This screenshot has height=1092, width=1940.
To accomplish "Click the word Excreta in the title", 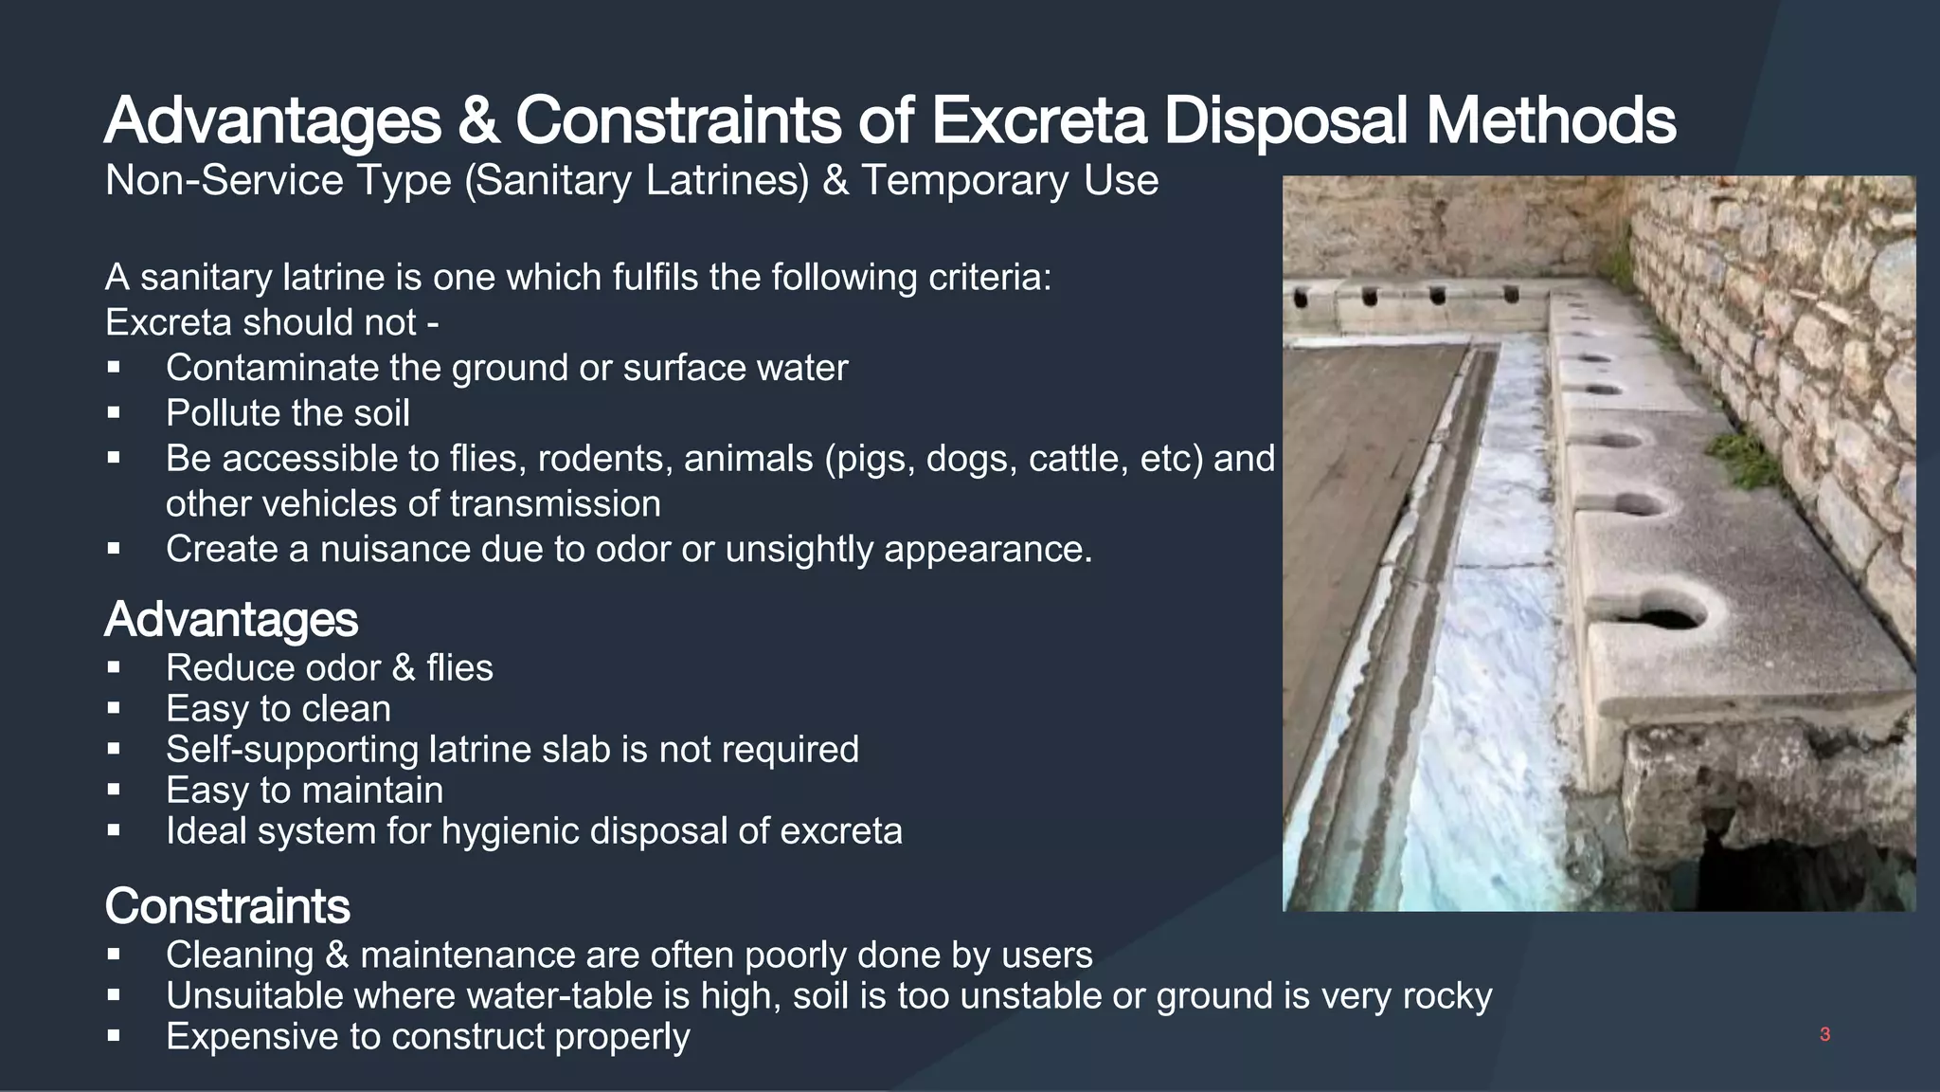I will [1038, 121].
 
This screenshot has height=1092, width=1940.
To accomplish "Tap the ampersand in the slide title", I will [479, 121].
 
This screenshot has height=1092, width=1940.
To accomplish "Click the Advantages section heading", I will [231, 620].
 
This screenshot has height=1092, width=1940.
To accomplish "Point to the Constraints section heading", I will [227, 906].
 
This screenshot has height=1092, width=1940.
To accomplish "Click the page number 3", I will [1824, 1034].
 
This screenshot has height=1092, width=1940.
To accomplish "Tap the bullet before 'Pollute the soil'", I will [114, 412].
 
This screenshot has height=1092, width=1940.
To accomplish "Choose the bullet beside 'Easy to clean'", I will [114, 708].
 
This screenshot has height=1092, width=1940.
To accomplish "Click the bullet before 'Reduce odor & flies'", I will [114, 667].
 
